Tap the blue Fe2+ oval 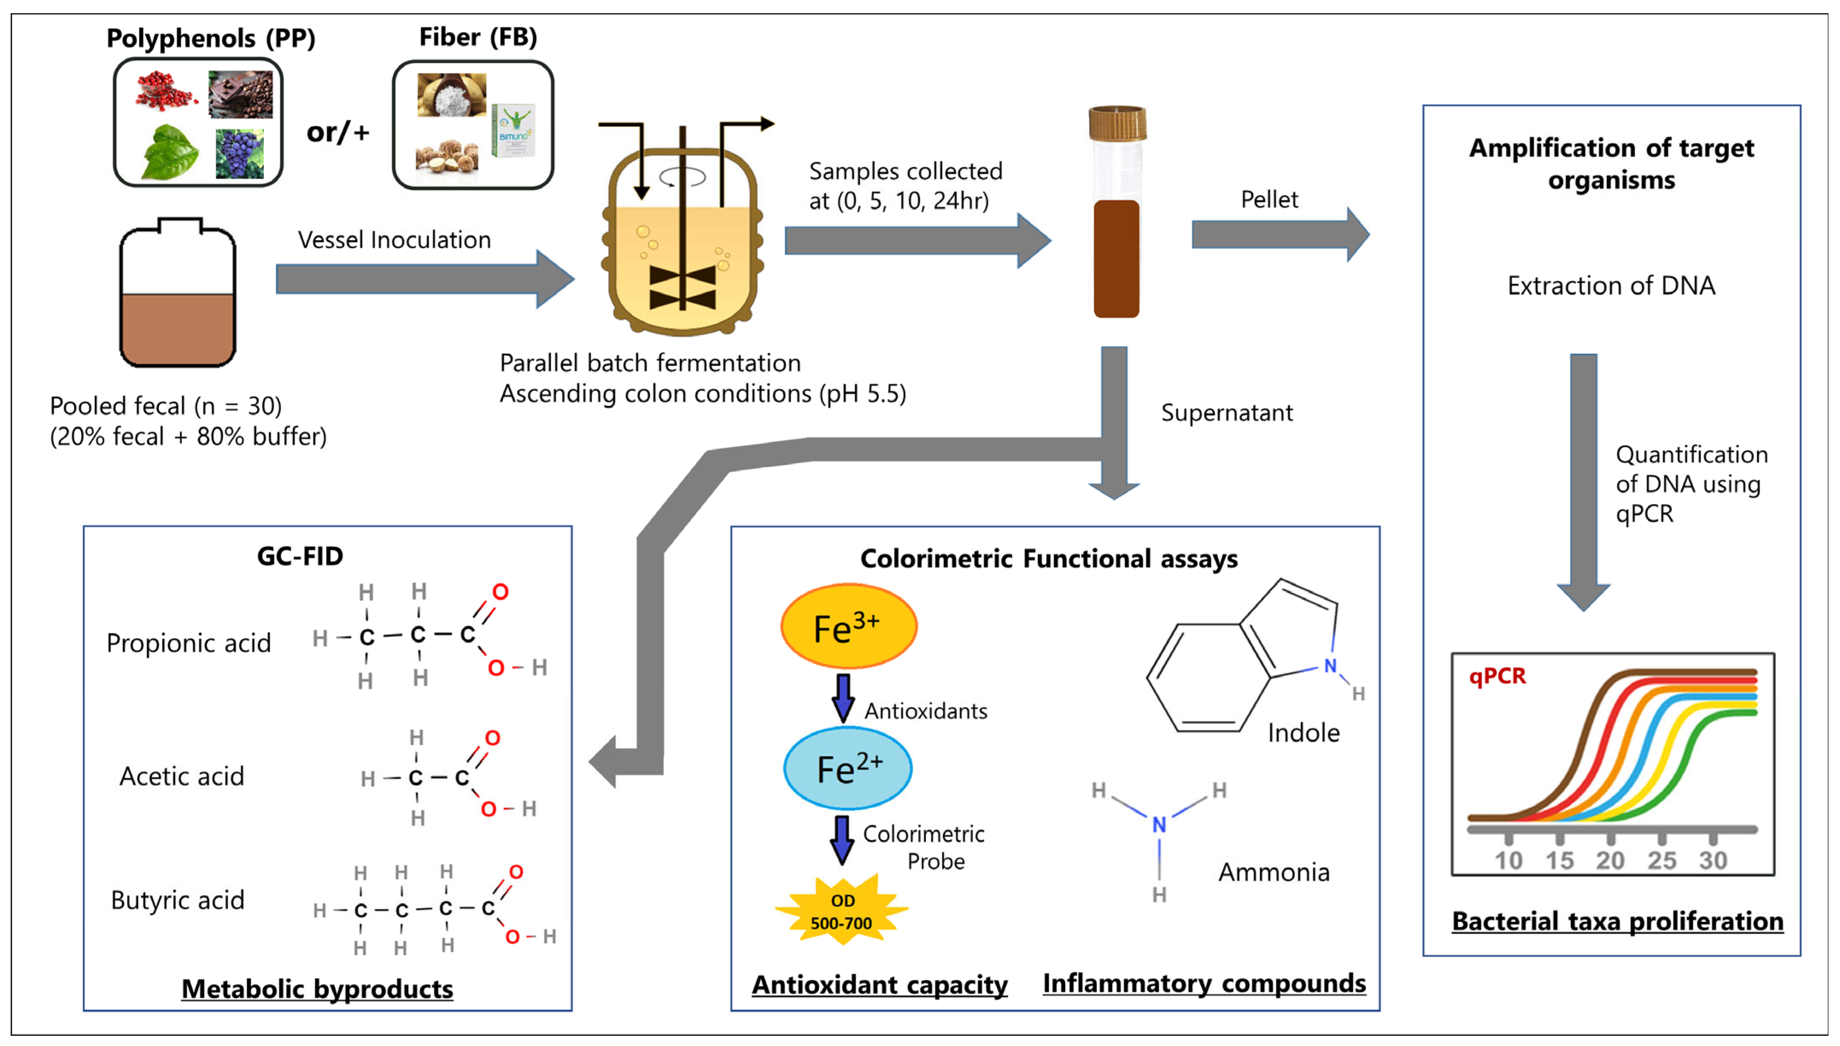(x=848, y=768)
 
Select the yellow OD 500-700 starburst (x=841, y=911)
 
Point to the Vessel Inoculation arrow (x=424, y=279)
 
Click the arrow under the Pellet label (x=1279, y=234)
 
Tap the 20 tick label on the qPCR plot (x=1610, y=860)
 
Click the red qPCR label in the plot (x=1497, y=676)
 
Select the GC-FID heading (x=300, y=556)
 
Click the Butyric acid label (x=178, y=900)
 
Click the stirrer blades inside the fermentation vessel (x=683, y=287)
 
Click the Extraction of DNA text (x=1611, y=286)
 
